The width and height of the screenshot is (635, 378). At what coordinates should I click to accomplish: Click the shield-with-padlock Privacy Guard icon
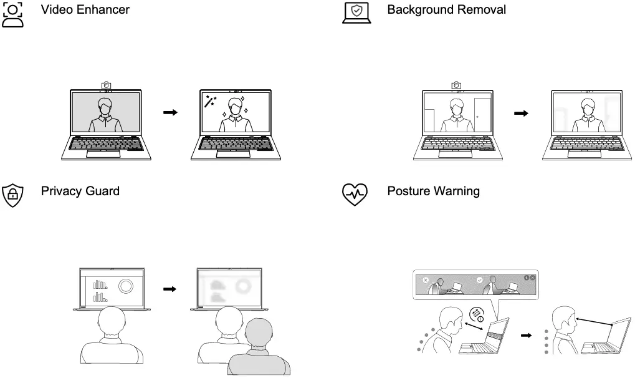point(12,195)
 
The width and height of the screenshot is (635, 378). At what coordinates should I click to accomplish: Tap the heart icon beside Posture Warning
point(356,194)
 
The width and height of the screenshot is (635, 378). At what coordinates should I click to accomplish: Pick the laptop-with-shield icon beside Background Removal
point(356,13)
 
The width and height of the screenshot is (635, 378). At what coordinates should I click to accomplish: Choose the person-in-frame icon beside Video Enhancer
point(13,14)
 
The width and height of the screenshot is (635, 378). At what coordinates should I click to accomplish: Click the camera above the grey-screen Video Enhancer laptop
point(106,84)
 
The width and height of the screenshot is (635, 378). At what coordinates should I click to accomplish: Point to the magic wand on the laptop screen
point(209,101)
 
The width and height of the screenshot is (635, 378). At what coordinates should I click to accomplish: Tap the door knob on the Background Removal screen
point(477,116)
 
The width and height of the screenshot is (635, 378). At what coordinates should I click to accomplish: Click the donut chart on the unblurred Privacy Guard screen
point(125,286)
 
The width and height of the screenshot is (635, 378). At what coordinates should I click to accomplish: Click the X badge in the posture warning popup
point(426,281)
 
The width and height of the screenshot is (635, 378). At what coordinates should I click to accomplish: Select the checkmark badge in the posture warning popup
point(479,281)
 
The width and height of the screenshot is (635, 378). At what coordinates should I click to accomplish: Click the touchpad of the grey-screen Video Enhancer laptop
point(103,153)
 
